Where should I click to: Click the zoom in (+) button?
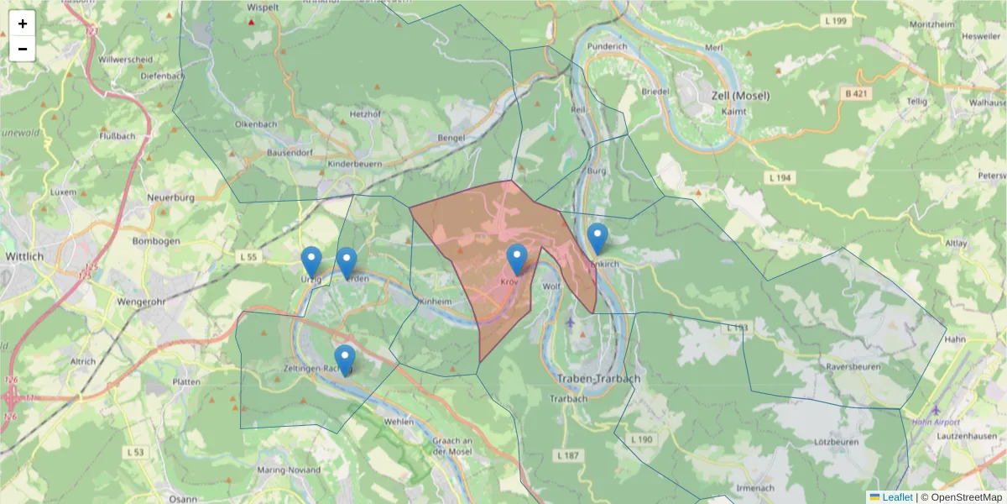(x=23, y=24)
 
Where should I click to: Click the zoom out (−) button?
(x=23, y=49)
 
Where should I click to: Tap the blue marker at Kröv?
(x=517, y=260)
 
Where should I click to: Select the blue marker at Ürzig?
(x=311, y=262)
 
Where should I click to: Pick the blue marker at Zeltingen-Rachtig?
(x=345, y=360)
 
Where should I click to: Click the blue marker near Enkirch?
(x=597, y=239)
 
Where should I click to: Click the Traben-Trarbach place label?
(x=598, y=379)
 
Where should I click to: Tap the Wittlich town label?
(x=24, y=255)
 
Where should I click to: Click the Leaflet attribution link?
(x=896, y=497)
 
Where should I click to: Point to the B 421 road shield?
(x=856, y=94)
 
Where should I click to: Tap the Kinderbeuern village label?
(x=355, y=164)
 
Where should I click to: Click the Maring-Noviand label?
(x=290, y=470)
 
